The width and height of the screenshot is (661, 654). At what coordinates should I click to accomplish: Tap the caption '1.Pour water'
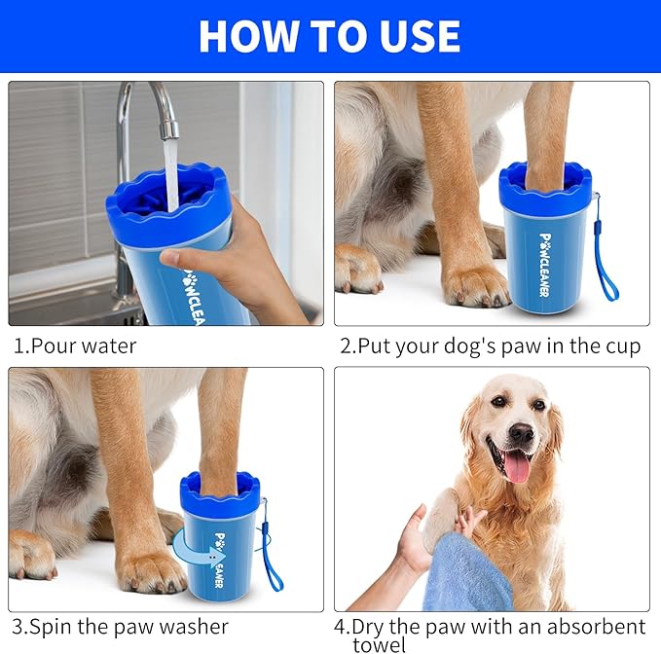pos(75,345)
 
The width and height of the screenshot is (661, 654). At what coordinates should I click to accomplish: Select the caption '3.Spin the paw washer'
pos(121,626)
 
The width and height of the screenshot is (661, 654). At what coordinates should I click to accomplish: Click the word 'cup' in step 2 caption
pos(621,345)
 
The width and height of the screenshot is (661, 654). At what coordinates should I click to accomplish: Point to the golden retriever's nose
pos(521,433)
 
